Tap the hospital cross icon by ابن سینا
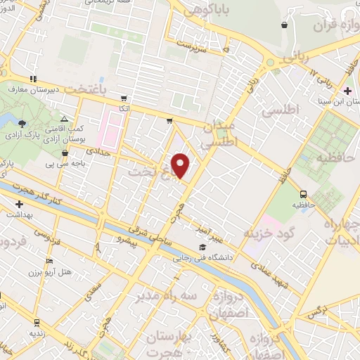coord(348,91)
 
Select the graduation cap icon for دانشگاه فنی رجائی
coord(202,247)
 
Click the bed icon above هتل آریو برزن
coord(48,260)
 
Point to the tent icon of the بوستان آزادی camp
coord(65,120)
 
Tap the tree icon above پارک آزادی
coord(23,123)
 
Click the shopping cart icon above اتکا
coord(124,98)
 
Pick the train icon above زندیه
coord(36,322)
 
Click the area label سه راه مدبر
coord(164,295)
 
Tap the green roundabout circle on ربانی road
coord(270,63)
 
